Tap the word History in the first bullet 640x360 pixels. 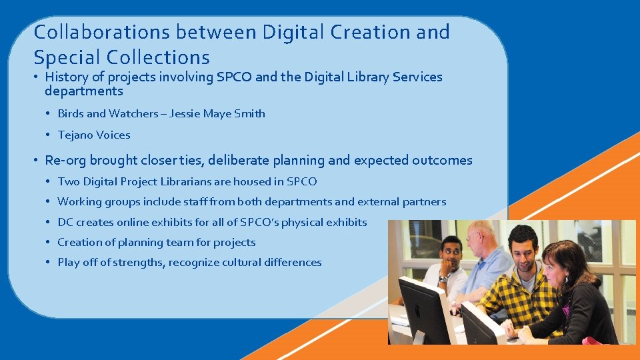tap(68, 77)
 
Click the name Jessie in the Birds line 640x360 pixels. tap(185, 113)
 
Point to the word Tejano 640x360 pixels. tap(75, 135)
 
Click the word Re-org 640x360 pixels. tap(65, 160)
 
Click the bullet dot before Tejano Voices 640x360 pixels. tap(49, 135)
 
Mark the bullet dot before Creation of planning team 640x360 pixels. tap(49, 242)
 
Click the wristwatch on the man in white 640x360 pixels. tap(443, 279)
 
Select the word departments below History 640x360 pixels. tap(84, 91)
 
